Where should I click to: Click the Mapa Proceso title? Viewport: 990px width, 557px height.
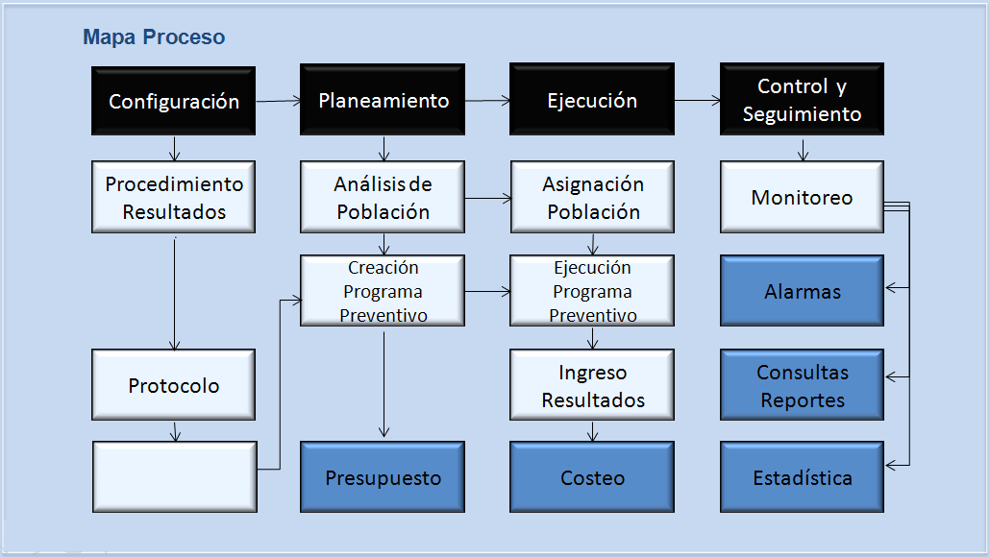(154, 37)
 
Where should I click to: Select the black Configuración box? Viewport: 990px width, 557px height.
(174, 101)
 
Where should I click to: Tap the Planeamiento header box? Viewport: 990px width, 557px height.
(383, 100)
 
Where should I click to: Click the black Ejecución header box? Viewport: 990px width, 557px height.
(592, 99)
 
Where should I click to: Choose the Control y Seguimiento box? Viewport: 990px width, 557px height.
(802, 99)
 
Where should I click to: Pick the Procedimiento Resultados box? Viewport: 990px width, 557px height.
(174, 198)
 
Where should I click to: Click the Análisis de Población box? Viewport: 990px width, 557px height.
(383, 198)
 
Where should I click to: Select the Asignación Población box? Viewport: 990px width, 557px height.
(592, 198)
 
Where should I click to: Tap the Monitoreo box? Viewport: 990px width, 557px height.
(802, 198)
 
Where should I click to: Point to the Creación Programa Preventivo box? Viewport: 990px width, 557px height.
(383, 291)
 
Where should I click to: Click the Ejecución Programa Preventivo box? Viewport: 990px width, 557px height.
(592, 291)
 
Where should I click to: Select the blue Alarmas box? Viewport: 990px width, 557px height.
(802, 291)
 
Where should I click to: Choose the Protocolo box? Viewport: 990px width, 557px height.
(174, 385)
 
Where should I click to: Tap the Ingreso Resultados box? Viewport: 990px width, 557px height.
(592, 385)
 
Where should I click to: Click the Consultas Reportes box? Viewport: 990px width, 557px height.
(802, 385)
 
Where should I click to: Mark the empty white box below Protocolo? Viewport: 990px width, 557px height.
(175, 477)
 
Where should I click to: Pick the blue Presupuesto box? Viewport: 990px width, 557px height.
(383, 477)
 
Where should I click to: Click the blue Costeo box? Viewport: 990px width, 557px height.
(592, 477)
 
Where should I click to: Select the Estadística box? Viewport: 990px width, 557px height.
(802, 477)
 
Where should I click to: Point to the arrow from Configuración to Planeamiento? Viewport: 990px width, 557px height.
(279, 101)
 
